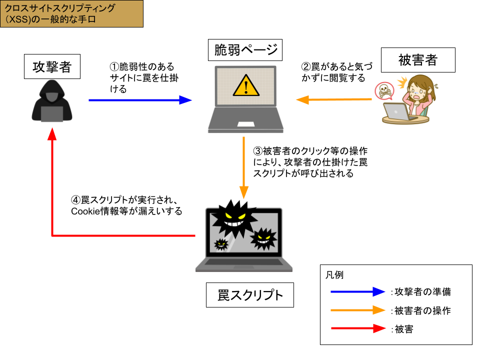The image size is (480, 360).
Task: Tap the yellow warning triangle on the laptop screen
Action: coord(245,85)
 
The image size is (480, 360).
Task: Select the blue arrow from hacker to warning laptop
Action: coord(140,100)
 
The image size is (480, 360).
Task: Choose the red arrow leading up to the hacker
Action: coord(52,200)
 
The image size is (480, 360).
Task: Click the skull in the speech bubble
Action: coord(384,90)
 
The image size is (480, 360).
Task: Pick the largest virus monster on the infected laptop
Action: coord(234,219)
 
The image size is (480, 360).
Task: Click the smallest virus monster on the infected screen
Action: coord(221,244)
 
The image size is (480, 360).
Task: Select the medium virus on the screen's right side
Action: coord(263,238)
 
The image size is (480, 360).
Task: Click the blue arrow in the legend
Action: coord(357,291)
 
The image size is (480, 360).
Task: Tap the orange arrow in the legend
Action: coord(357,310)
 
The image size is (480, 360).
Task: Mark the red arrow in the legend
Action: coord(358,328)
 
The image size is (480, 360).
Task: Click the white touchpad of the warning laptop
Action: coord(245,124)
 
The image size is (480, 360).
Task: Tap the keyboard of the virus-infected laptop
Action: coord(243,261)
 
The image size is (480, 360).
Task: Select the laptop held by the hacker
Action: coord(52,114)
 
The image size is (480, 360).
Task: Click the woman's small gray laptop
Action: coord(396,111)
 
